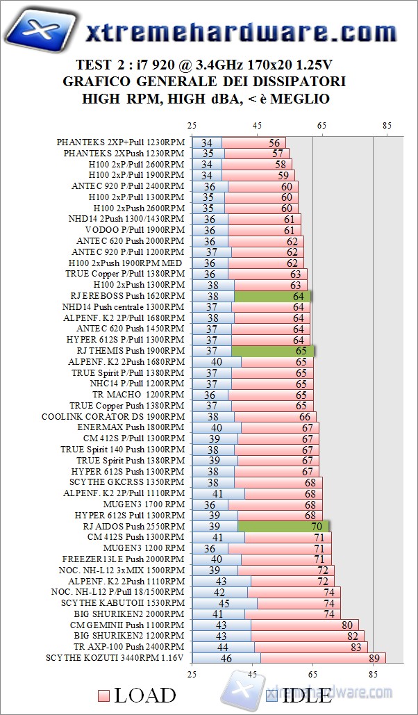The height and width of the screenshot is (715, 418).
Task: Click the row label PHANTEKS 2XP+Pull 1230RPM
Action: coord(121,142)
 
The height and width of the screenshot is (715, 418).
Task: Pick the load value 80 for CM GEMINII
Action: coord(346,625)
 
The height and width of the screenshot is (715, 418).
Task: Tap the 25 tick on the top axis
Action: coord(192,126)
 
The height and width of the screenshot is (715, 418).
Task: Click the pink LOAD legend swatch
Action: coord(103,696)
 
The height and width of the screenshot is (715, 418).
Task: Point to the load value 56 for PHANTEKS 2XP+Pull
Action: coord(275,142)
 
